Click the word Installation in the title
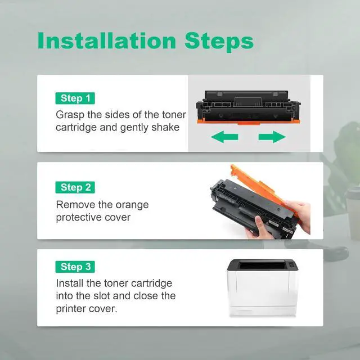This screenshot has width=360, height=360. point(107,40)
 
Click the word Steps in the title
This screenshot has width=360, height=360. point(219,42)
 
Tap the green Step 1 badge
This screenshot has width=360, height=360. point(75,98)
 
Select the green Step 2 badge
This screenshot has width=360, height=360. point(75,187)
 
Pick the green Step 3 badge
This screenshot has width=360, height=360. point(75,267)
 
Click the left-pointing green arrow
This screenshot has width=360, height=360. point(224,137)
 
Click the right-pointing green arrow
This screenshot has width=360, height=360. point(272,137)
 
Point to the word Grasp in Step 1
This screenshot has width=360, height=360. point(70,115)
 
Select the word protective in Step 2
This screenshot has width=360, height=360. point(79,218)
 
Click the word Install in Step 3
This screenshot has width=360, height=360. point(69,283)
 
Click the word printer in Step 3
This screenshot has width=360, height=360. point(70,309)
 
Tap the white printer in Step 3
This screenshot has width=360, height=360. point(263,288)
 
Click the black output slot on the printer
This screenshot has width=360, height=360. point(262,265)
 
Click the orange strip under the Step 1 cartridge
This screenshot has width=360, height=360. point(249,121)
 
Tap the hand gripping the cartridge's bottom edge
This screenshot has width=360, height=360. point(258,229)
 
